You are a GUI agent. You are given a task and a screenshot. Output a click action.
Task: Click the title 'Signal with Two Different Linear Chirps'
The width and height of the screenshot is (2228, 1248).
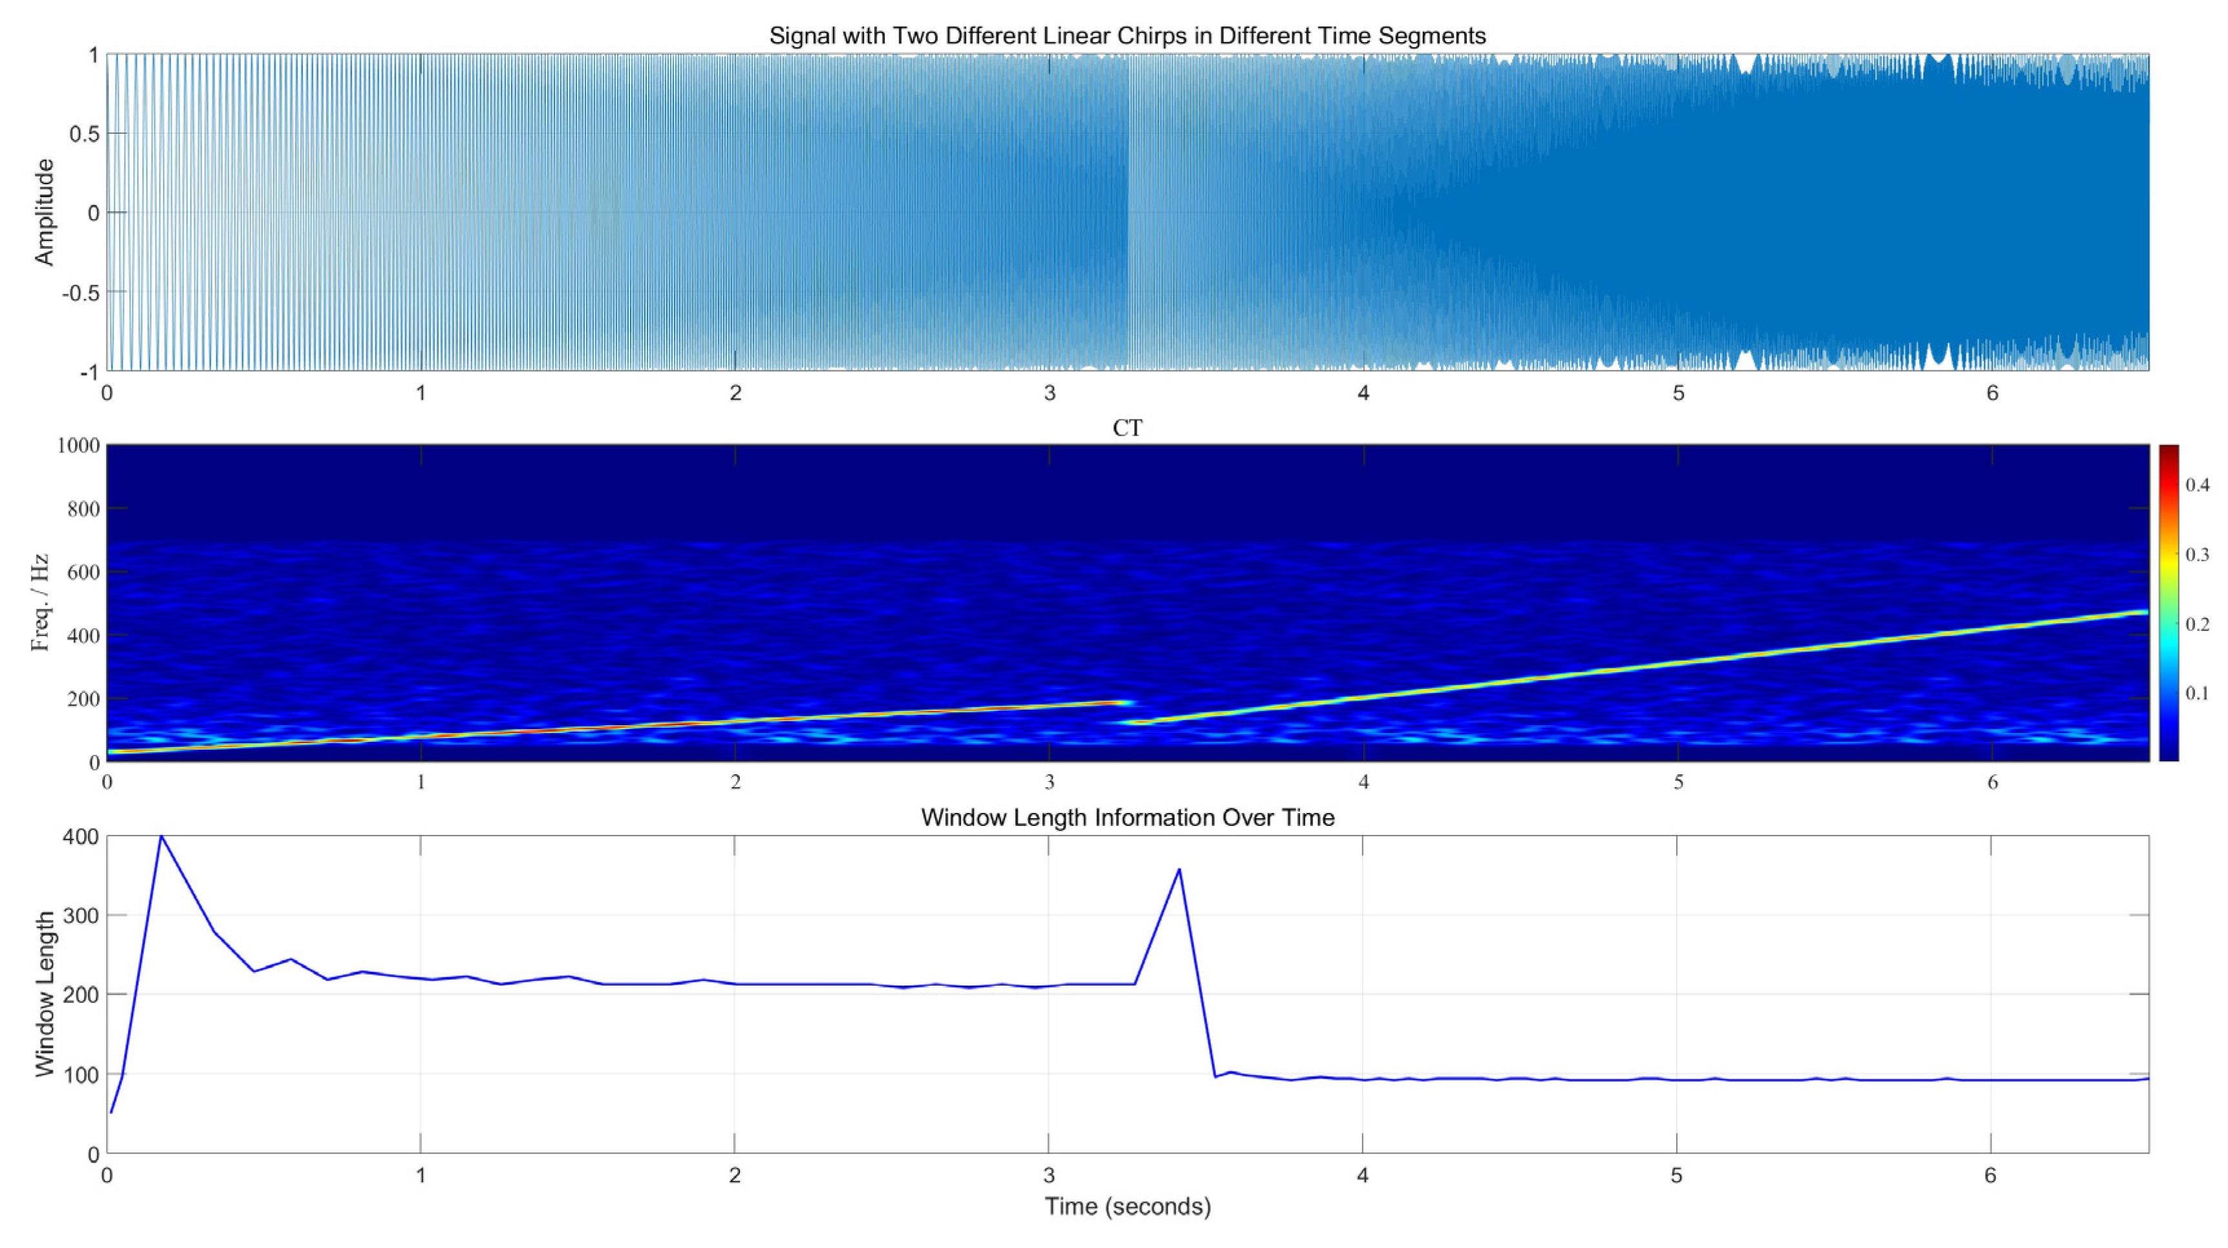tap(1127, 36)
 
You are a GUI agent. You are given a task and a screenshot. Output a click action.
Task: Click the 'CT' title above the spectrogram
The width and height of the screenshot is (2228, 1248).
tap(1127, 428)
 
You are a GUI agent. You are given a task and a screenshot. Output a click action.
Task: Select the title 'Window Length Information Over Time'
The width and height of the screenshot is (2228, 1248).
tap(1127, 818)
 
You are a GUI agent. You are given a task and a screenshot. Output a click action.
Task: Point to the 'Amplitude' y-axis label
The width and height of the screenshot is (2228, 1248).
tap(44, 212)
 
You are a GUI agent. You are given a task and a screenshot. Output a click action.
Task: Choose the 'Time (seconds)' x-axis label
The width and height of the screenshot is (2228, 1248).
tap(1127, 1207)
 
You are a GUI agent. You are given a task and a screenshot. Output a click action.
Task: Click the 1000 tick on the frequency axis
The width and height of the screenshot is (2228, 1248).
tap(78, 445)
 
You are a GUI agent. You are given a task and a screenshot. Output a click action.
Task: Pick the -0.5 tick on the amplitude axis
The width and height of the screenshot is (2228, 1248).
tap(80, 292)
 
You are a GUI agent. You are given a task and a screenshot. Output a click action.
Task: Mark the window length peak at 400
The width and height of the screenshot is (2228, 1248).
tap(161, 836)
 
